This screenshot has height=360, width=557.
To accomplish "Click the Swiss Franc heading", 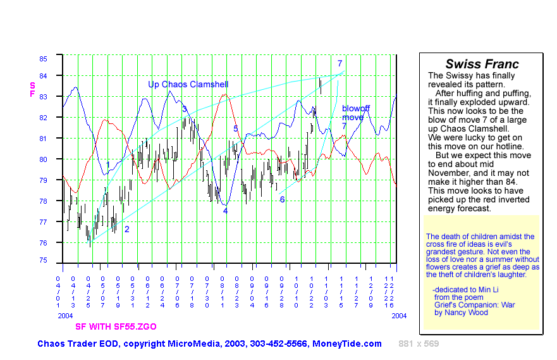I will click(482, 64).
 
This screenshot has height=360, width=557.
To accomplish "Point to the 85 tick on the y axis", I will click(43, 58).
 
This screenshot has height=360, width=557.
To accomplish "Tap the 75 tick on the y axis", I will click(43, 260).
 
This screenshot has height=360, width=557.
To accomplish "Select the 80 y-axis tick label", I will click(43, 159).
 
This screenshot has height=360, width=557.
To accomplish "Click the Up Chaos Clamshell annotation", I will click(188, 84).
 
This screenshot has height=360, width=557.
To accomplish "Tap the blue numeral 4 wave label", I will click(225, 211).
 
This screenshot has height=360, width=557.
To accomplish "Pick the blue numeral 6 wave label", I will click(282, 199).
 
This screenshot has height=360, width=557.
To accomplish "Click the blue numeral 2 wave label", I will click(126, 229).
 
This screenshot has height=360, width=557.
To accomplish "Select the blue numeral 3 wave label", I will click(185, 109).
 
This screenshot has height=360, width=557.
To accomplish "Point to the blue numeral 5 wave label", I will click(235, 128).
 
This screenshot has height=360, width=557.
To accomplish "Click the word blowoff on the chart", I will click(355, 109).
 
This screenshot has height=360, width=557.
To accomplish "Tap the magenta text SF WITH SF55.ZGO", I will click(116, 326).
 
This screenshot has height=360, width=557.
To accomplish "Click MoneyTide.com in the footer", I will click(347, 344).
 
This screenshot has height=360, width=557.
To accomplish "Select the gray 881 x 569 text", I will click(419, 344).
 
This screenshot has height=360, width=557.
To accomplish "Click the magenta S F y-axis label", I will click(32, 89).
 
